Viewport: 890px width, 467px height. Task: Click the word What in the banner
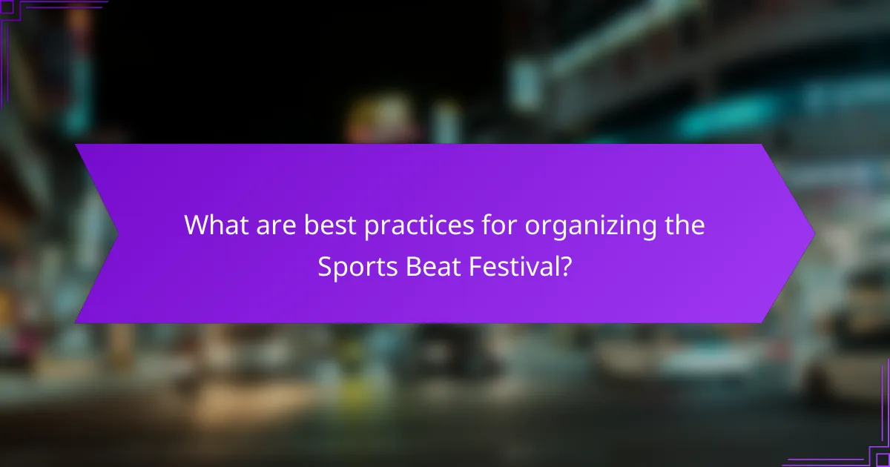pyautogui.click(x=214, y=225)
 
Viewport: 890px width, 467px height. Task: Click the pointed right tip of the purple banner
pyautogui.click(x=813, y=233)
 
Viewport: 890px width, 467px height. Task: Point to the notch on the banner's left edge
pyautogui.click(x=116, y=233)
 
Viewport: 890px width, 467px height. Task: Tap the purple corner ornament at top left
pyautogui.click(x=15, y=15)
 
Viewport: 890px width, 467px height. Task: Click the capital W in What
pyautogui.click(x=197, y=225)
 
